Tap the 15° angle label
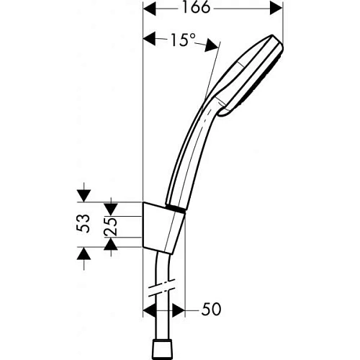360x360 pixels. tap(184, 41)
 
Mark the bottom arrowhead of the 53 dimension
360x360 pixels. tap(84, 254)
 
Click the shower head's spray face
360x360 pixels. tap(274, 72)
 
